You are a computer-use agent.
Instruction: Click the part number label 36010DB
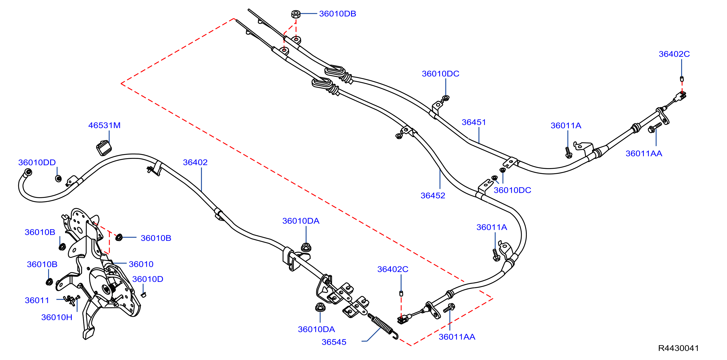coord(338,14)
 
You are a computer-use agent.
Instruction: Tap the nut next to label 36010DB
coord(296,14)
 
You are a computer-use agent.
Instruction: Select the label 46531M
coord(104,125)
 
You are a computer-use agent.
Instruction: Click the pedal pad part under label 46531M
coord(104,148)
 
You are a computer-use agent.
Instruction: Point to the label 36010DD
coord(37,163)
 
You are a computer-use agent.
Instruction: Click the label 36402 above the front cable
coord(195,162)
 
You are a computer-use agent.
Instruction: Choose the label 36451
coord(474,122)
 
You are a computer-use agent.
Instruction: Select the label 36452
coord(433,196)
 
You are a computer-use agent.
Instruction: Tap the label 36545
coord(334,342)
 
